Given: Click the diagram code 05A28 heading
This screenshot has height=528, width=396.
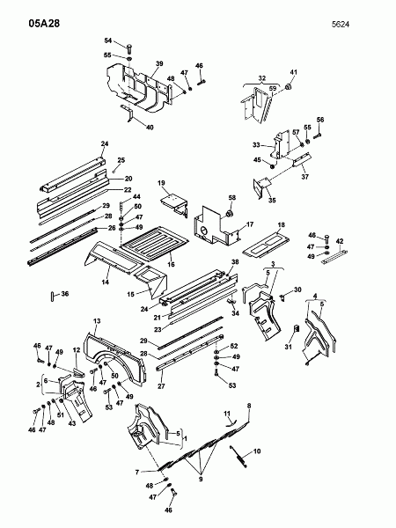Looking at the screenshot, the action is [44, 23].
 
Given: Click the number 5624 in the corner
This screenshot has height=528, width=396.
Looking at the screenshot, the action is [341, 25].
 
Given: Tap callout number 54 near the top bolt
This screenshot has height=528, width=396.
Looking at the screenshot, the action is [107, 40].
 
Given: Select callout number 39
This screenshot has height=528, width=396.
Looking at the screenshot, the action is [159, 63].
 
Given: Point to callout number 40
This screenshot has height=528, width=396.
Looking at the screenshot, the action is [150, 128].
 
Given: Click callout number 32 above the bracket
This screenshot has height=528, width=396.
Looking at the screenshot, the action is [262, 78].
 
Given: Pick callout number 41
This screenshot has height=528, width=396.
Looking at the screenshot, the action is [294, 72].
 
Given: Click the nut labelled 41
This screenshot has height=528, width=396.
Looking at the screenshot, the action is [288, 87].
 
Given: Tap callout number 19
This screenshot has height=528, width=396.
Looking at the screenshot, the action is [161, 183].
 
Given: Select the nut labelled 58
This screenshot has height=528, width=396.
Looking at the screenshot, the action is [230, 213].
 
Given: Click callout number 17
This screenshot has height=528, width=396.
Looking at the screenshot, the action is [250, 224].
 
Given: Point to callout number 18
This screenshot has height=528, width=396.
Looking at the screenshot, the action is [282, 225].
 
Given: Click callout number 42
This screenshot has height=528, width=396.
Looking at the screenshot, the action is [340, 241].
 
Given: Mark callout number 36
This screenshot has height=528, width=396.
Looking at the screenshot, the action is [64, 294].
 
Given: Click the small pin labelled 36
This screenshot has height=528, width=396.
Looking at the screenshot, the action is [53, 297].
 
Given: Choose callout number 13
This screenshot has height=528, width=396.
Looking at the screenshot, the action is [97, 321].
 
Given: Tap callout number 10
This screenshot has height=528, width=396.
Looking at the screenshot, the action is [257, 451].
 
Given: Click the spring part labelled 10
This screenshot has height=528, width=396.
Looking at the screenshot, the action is [238, 456].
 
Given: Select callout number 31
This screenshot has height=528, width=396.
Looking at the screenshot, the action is [288, 347].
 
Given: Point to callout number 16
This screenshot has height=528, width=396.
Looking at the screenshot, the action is [171, 264].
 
